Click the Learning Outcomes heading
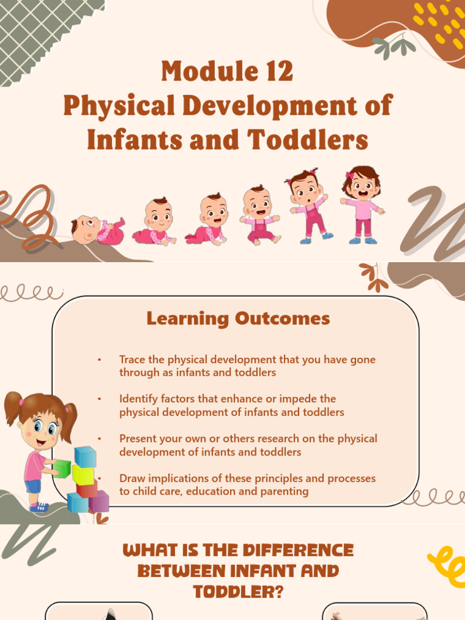tap(238, 318)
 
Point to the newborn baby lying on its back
tap(97, 230)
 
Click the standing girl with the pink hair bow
tap(363, 205)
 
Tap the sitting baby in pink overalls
tap(259, 216)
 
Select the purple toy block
tap(99, 501)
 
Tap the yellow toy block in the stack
tap(83, 474)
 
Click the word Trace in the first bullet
tap(133, 360)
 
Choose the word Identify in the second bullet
tap(138, 399)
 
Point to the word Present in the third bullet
tap(137, 438)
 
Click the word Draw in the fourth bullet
tap(131, 478)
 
